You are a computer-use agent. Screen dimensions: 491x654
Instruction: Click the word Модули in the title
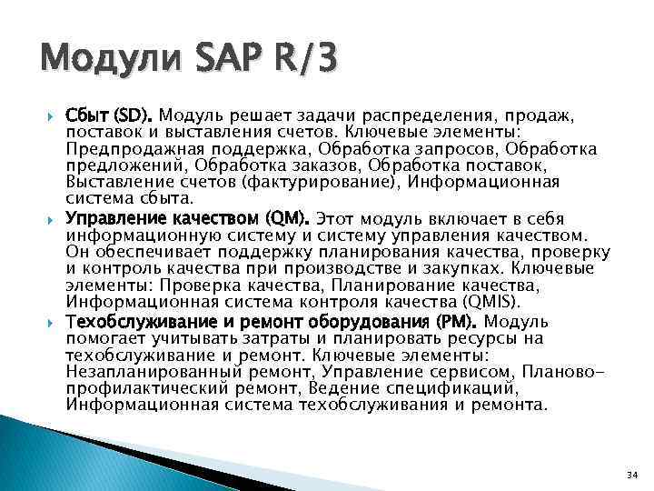(103, 61)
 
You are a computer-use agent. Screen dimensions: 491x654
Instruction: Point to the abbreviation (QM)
(287, 219)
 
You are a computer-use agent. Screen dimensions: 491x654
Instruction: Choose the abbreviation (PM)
(459, 322)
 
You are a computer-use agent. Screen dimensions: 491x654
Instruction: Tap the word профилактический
(138, 389)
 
